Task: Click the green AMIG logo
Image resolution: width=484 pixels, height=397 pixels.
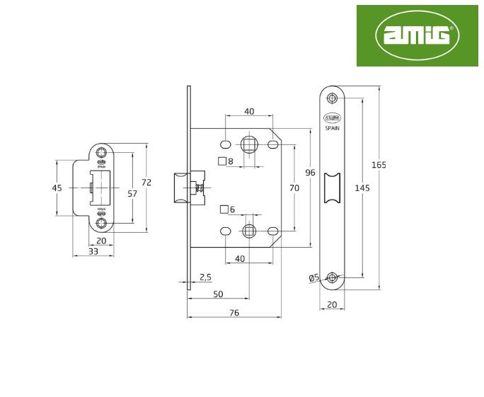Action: pyautogui.click(x=417, y=35)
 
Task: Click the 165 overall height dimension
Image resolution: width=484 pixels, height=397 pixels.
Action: pyautogui.click(x=379, y=165)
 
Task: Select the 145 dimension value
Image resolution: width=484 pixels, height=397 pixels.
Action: pyautogui.click(x=362, y=188)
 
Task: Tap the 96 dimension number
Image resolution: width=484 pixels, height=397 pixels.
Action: pyautogui.click(x=310, y=173)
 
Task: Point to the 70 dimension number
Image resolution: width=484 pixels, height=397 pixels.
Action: pyautogui.click(x=294, y=188)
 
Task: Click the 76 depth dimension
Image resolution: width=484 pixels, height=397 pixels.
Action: pyautogui.click(x=234, y=312)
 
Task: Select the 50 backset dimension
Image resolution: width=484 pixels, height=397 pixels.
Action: pyautogui.click(x=217, y=294)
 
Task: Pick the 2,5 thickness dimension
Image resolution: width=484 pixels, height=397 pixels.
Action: pyautogui.click(x=206, y=276)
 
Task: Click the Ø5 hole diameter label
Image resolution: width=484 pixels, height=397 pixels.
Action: pyautogui.click(x=315, y=278)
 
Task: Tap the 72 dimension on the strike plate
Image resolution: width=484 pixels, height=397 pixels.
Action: pyautogui.click(x=146, y=182)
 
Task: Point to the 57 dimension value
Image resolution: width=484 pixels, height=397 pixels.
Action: pyautogui.click(x=132, y=192)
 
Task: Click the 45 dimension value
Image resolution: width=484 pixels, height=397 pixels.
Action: pyautogui.click(x=57, y=188)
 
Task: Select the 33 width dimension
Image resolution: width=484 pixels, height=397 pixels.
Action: pyautogui.click(x=93, y=251)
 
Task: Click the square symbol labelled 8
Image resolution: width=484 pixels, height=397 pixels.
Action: pyautogui.click(x=221, y=161)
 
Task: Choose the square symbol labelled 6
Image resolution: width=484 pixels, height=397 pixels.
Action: pyautogui.click(x=224, y=209)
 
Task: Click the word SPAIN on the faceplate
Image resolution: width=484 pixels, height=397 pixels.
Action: pyautogui.click(x=332, y=128)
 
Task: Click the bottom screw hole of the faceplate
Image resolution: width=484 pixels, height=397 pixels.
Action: pyautogui.click(x=332, y=277)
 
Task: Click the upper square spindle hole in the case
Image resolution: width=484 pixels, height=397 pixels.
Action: pyautogui.click(x=249, y=144)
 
